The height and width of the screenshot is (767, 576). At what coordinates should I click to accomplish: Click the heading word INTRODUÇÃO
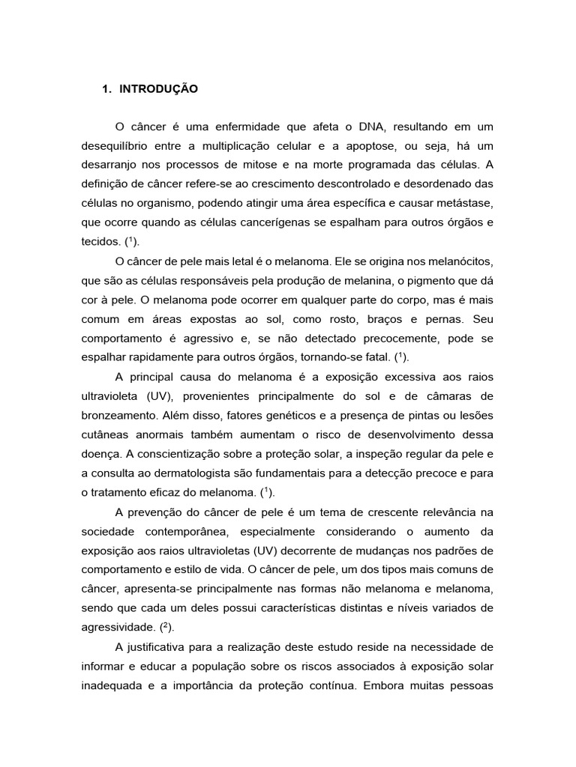pos(158,89)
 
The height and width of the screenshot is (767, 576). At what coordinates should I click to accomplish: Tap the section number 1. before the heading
pos(106,89)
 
